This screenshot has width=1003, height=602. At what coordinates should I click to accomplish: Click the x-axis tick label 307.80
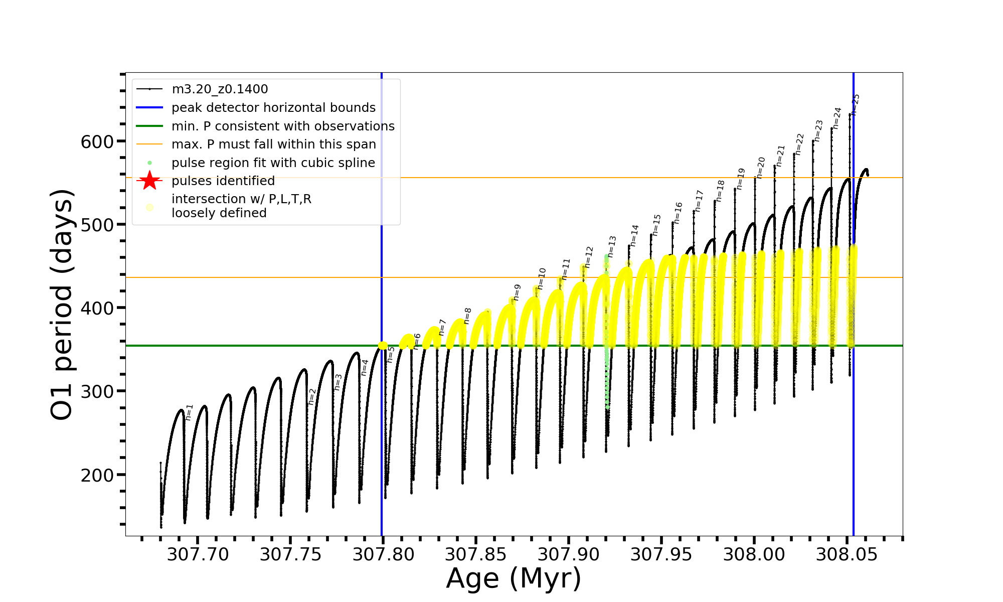pos(383,554)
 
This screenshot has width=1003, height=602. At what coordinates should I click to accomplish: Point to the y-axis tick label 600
pos(97,141)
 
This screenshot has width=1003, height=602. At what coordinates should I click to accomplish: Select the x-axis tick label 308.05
pos(847,554)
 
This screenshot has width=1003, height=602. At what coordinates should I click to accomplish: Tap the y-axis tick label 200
pos(97,475)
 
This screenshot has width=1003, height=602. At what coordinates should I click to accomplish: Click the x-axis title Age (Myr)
pos(514,578)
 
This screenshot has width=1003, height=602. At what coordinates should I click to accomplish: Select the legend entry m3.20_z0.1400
pos(220,89)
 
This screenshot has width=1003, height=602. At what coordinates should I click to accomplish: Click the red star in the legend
pos(149,181)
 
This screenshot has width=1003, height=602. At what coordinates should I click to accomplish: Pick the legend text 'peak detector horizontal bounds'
pos(273,108)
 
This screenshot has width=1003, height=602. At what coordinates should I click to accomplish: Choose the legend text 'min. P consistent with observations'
pos(283,126)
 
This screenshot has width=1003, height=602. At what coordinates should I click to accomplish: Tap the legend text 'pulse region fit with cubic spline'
pos(273,163)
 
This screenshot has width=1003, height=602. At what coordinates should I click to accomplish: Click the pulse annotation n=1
pos(189,412)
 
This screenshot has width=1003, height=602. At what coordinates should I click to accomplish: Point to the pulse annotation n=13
pos(612,246)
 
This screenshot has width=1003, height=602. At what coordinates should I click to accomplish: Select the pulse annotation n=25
pos(856,105)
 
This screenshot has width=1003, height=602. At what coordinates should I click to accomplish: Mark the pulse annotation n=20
pos(761,168)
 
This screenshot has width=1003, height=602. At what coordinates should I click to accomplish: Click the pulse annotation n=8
pos(467,316)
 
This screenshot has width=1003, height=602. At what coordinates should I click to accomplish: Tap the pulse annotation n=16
pos(678,213)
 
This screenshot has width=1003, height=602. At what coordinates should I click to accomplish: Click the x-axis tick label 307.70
pos(198,554)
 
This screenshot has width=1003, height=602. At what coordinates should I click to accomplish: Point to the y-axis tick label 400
pos(97,308)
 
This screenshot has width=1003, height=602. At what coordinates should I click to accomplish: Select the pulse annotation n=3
pos(338,382)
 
